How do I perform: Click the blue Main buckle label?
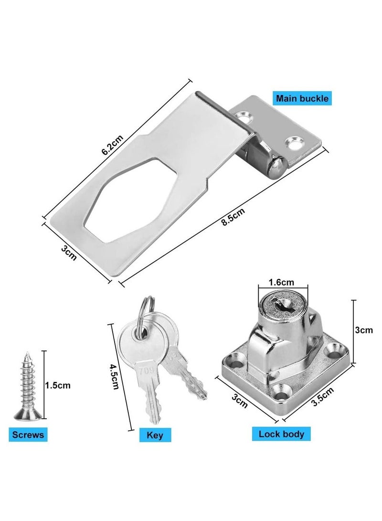coord(302,98)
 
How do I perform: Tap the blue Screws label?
coord(28,434)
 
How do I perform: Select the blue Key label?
coord(155,435)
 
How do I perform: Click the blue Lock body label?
coord(281,434)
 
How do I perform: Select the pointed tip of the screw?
coord(27,353)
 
